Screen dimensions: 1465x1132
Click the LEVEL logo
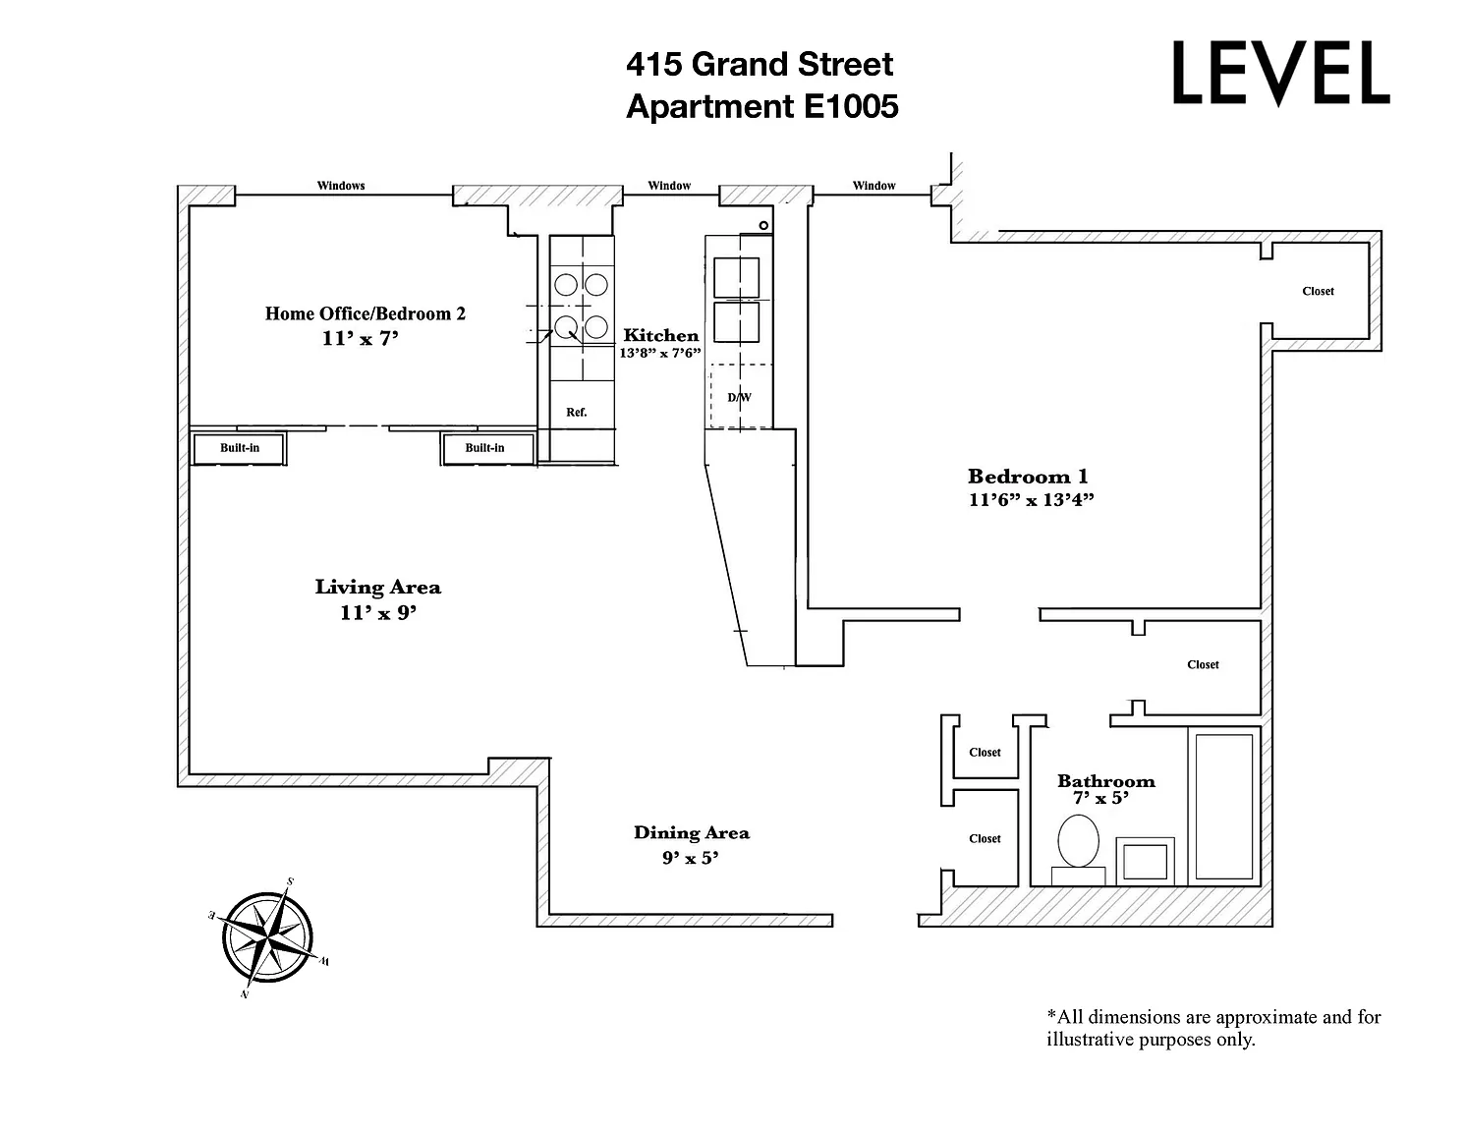[x=1280, y=74]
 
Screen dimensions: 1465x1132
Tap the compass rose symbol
[x=267, y=938]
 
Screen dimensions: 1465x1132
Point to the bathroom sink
[x=1145, y=861]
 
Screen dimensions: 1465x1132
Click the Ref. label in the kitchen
[x=577, y=413]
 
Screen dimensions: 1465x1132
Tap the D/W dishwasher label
[x=739, y=398]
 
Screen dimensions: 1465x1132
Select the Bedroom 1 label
[x=1028, y=477]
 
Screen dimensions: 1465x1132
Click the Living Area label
[x=377, y=588]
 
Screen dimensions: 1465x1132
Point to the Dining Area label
[x=691, y=833]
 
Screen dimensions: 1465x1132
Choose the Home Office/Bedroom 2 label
[x=365, y=314]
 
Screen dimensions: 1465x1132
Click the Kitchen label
[x=660, y=336]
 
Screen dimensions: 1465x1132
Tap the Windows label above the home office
[x=341, y=186]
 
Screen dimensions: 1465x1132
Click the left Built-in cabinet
[x=239, y=448]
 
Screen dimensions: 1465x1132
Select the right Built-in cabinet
[x=484, y=448]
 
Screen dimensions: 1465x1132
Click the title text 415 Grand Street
[x=760, y=65]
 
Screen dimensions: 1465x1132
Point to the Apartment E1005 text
[x=761, y=106]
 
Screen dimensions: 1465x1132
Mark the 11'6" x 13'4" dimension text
[x=1031, y=499]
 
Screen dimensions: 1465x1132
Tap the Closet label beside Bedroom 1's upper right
[x=1318, y=291]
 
